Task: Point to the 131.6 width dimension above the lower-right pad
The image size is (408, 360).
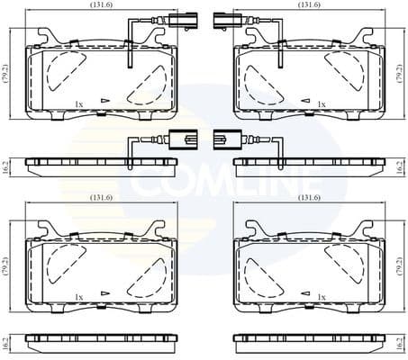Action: pos(309,198)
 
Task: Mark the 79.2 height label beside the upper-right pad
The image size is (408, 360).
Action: pos(401,76)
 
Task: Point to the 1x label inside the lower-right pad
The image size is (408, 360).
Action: pos(321,296)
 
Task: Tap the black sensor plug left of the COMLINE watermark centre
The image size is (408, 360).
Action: pos(180,139)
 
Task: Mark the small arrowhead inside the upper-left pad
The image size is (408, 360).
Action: pos(106,102)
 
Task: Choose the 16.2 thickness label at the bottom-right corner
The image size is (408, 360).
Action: pos(401,343)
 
